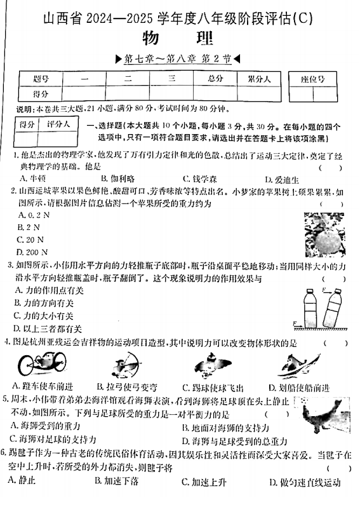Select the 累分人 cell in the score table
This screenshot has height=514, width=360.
258,79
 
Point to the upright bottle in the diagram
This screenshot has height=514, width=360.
310,309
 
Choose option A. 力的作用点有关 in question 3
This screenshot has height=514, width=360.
47,290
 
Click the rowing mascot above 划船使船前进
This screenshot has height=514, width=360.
293,366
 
